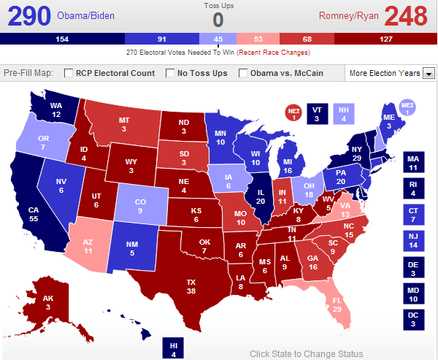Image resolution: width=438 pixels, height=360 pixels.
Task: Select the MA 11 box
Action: (x=412, y=162)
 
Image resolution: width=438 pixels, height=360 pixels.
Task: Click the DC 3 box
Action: (x=412, y=319)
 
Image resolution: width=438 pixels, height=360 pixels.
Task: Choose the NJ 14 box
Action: (x=412, y=240)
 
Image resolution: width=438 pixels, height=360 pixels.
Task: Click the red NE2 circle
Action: (x=292, y=113)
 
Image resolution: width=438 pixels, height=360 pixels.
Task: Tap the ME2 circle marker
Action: (x=407, y=109)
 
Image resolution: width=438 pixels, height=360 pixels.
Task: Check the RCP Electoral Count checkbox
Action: (x=69, y=73)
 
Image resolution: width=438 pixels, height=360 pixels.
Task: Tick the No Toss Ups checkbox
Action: (x=171, y=73)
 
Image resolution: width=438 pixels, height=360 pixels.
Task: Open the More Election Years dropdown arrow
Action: (x=429, y=73)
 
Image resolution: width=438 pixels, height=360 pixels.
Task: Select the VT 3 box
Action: (x=316, y=113)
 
